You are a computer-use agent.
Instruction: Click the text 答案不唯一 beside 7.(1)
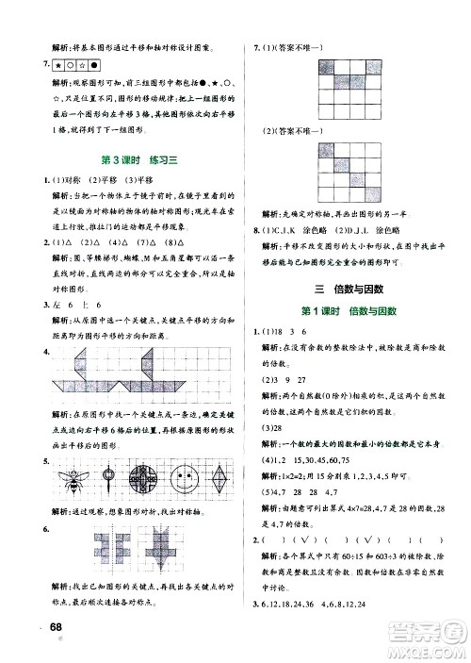(303, 47)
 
